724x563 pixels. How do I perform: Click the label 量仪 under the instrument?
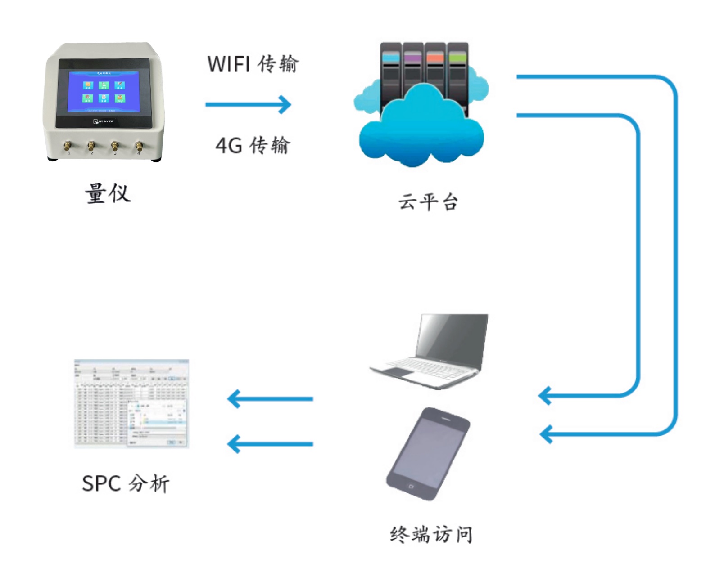(108, 194)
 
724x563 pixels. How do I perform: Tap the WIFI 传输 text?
(253, 64)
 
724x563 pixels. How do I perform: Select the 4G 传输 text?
(253, 146)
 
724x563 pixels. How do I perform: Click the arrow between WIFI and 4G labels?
(249, 105)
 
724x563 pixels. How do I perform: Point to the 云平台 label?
(428, 202)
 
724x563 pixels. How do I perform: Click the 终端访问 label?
(431, 535)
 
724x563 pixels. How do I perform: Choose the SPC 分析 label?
(126, 484)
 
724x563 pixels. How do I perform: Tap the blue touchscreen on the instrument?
(103, 91)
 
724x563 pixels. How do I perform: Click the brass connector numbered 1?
(68, 146)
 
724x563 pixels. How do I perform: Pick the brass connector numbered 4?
(139, 146)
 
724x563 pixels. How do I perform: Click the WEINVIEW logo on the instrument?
(104, 121)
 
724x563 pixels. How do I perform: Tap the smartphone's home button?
(411, 487)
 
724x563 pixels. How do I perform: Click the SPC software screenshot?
(131, 403)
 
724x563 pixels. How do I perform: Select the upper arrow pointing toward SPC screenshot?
(270, 399)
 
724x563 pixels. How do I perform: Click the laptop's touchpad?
(394, 371)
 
